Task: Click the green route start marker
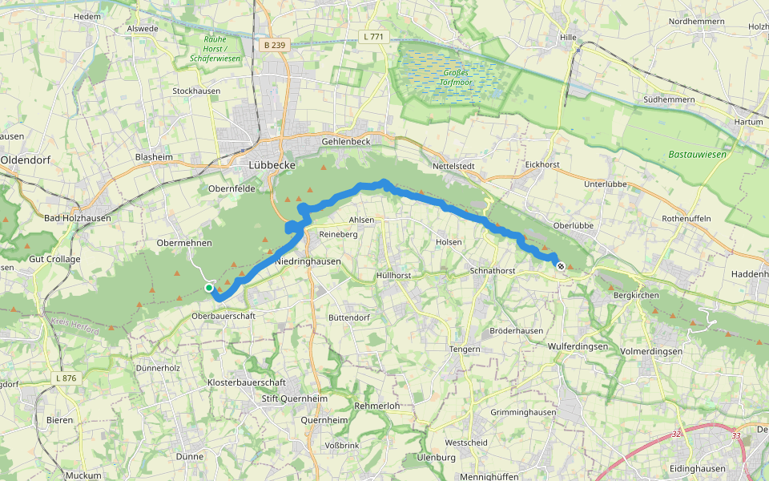(x=208, y=287)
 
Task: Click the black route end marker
(x=561, y=266)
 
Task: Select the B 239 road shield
(x=274, y=46)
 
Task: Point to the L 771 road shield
(x=373, y=36)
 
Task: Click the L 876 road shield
(x=66, y=378)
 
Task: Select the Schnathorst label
(x=493, y=271)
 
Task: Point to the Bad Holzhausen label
(x=78, y=217)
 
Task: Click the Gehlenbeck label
(x=346, y=141)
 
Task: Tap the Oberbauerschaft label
(x=223, y=316)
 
